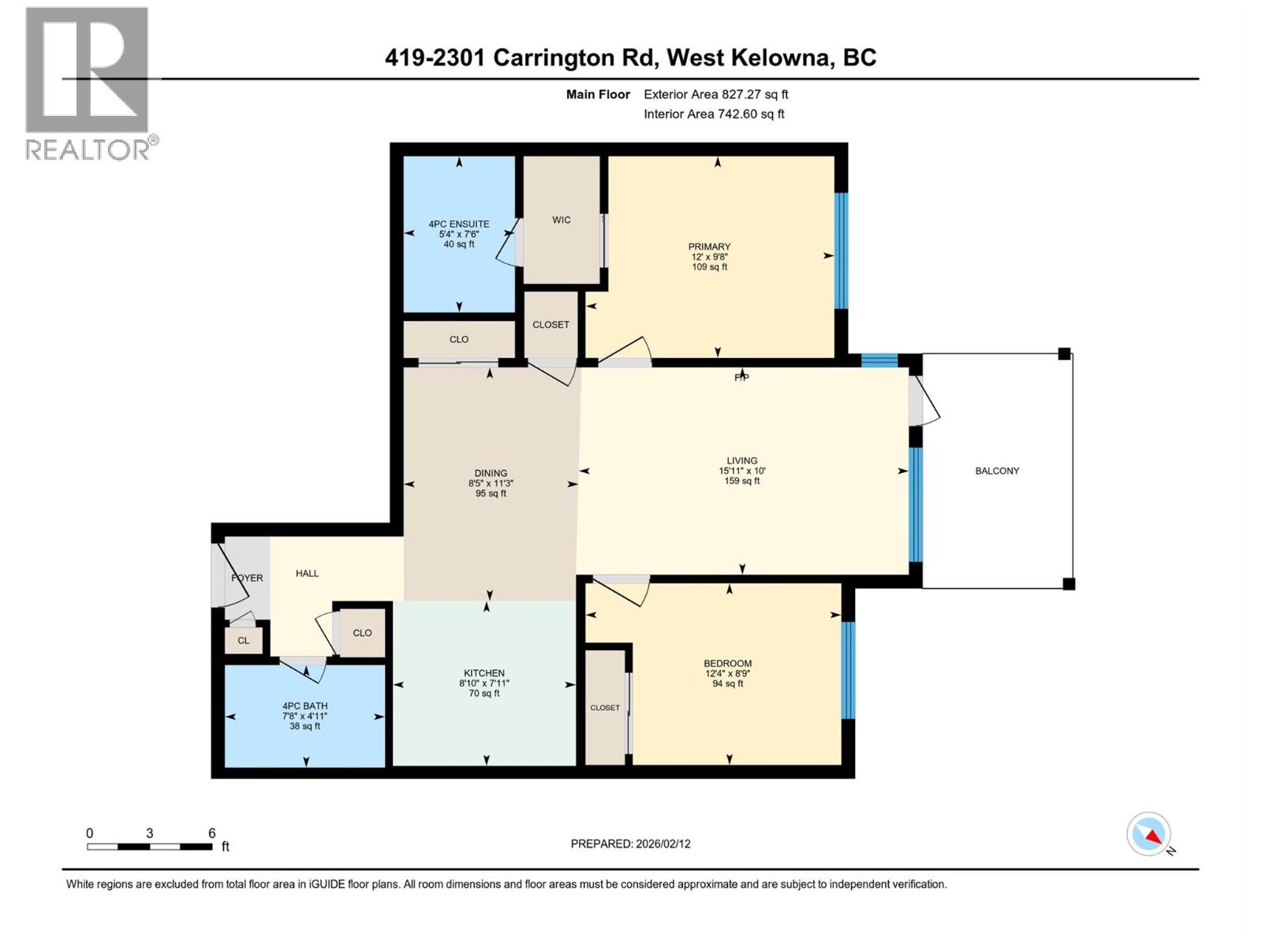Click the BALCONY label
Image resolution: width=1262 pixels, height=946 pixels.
tap(997, 471)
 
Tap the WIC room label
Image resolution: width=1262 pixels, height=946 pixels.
tap(561, 220)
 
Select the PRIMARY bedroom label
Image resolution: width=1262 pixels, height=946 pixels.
tap(709, 247)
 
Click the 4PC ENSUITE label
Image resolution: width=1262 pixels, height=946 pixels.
tap(458, 224)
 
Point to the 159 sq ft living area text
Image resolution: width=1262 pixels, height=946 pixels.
tap(741, 481)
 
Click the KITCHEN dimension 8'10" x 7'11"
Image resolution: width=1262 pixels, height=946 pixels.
tap(484, 683)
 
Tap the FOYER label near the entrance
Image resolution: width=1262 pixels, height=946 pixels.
tap(247, 578)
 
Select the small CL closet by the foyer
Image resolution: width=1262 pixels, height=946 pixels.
tap(243, 640)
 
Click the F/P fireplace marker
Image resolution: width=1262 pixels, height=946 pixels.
tap(741, 378)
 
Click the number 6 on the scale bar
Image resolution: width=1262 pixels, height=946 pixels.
tap(211, 833)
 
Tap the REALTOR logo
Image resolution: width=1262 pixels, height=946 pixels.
tap(88, 83)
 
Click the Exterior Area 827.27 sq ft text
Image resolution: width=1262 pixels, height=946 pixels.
tap(715, 94)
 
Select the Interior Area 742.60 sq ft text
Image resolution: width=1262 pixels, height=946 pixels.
tap(714, 114)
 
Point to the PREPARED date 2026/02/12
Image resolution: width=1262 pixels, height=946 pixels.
tap(630, 844)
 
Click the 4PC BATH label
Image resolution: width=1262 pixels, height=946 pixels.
tap(304, 706)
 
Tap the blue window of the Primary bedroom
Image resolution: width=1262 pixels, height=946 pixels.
tap(841, 250)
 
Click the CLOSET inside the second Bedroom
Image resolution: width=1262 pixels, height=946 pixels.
tap(605, 707)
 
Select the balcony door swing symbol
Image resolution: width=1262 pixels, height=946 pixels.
tap(925, 400)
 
